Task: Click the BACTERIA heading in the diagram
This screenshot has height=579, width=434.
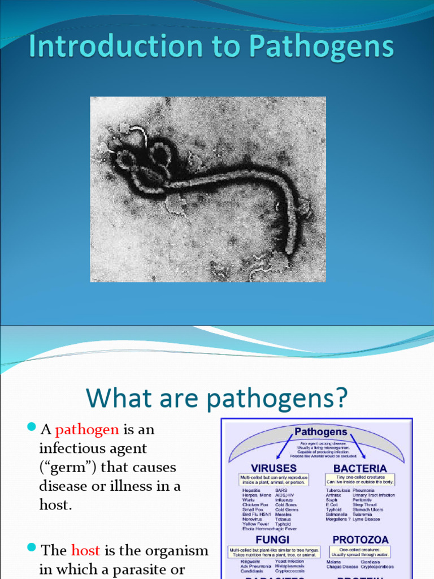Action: pos(360,468)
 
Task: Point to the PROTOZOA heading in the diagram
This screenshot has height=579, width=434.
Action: pos(360,540)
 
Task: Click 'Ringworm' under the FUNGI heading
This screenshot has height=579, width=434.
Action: pos(251,561)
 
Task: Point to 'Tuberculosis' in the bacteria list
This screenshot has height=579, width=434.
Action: pos(338,490)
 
